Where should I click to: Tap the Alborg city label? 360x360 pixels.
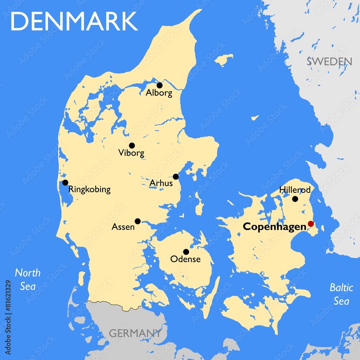[x=159, y=93]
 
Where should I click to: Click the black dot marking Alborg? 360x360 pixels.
[x=159, y=85]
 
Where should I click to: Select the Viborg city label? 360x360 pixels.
[x=131, y=153]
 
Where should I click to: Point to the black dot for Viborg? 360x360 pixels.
[x=132, y=145]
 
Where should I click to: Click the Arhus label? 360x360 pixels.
[x=161, y=183]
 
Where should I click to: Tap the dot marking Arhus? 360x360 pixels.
[x=176, y=176]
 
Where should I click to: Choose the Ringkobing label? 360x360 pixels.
[x=89, y=189]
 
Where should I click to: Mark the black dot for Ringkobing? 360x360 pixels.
[x=65, y=183]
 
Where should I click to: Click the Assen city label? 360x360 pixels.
[x=123, y=227]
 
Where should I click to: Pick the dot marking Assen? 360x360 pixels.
[x=138, y=221]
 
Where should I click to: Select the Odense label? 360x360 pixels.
[x=185, y=259]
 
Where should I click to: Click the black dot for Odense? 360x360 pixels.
[x=186, y=252]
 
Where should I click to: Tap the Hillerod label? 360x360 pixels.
[x=295, y=190]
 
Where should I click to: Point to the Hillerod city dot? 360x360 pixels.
[x=295, y=199]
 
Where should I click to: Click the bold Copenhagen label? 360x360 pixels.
[x=274, y=227]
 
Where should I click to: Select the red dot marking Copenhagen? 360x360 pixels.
[x=311, y=224]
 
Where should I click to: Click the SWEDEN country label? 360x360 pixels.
[x=329, y=61]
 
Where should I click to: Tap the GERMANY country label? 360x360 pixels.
[x=135, y=333]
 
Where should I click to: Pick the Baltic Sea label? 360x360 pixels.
[x=341, y=294]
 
